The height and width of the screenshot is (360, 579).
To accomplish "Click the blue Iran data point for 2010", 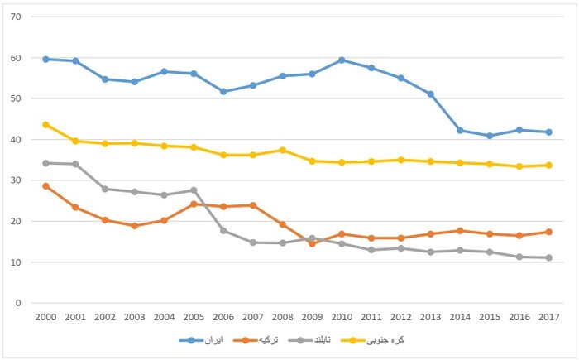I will (341, 60).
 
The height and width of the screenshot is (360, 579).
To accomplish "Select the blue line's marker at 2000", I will (45, 59).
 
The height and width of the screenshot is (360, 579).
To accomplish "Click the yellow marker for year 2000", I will (45, 124).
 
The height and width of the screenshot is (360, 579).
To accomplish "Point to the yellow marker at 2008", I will (282, 150).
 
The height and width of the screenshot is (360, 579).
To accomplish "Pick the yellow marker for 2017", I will (548, 165).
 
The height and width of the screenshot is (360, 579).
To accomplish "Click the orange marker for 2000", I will (45, 185).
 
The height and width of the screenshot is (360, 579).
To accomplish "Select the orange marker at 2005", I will (193, 204).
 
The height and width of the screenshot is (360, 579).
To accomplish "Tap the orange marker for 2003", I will (134, 225).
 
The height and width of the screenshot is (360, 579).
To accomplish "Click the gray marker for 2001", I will (75, 164).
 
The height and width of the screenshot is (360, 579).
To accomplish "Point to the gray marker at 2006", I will (223, 230).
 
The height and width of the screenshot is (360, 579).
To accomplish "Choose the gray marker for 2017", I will (548, 257).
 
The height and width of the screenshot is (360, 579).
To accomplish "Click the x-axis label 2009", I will (311, 317).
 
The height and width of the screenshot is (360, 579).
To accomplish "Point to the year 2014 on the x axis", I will (459, 317).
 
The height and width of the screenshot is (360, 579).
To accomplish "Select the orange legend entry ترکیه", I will (270, 340).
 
